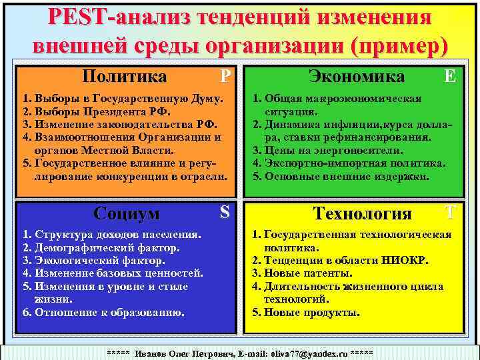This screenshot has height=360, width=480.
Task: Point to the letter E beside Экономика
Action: click(x=451, y=76)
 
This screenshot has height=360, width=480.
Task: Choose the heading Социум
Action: click(x=127, y=213)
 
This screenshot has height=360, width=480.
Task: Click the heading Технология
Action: click(x=363, y=213)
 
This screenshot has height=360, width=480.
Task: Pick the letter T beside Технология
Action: click(x=451, y=213)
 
